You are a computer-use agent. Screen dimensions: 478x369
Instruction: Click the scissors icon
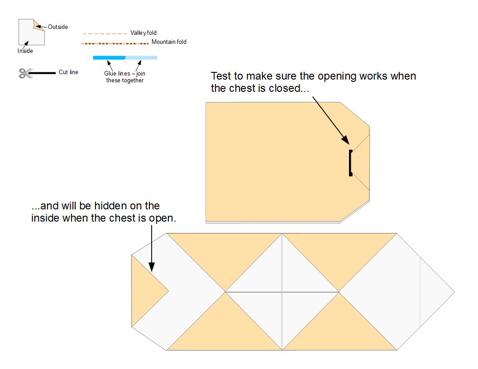coord(26,73)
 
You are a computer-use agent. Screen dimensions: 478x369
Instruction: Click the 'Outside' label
coord(58,27)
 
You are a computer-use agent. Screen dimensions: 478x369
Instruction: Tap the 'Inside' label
coord(25,51)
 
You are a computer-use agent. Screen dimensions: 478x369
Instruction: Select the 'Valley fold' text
coord(143,33)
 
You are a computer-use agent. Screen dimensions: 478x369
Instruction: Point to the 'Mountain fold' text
coord(169,42)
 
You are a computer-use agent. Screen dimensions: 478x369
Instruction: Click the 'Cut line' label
coord(68,72)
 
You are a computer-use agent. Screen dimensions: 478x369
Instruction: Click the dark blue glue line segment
coord(109,57)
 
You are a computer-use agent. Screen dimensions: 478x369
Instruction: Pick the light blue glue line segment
coord(141,57)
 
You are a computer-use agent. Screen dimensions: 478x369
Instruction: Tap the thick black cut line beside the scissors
coord(43,73)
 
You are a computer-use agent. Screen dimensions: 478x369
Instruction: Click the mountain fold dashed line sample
coord(115,43)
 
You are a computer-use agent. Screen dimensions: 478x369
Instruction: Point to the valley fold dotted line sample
coord(105,33)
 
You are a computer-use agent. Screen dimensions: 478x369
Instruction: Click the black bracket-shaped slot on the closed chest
coord(350,163)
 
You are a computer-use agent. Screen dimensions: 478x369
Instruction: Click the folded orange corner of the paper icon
coord(38,26)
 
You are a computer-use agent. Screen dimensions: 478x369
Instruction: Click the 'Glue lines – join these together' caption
coord(124,77)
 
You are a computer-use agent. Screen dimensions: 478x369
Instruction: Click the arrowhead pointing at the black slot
coord(345,140)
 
